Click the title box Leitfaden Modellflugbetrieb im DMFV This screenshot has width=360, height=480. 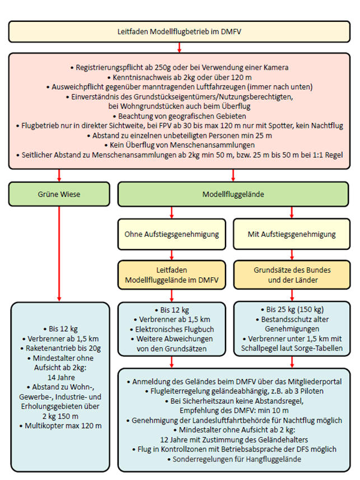point(179,31)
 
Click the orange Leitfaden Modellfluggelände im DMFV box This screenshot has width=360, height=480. point(171,274)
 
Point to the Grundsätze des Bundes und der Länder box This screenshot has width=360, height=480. point(291,274)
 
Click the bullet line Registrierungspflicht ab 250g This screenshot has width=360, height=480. point(179,68)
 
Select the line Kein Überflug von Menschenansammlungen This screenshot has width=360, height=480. point(179,145)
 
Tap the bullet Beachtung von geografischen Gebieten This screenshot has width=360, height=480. point(179,115)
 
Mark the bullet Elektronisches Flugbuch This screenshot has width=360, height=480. point(171,329)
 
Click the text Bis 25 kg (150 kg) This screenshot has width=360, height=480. point(291,309)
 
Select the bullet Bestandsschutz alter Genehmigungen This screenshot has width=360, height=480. point(291,324)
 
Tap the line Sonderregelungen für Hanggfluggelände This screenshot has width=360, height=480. point(235,459)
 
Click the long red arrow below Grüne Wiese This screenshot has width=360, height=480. point(59,252)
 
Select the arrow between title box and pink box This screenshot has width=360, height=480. point(179,47)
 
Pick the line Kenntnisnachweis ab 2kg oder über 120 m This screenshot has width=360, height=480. point(179,77)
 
